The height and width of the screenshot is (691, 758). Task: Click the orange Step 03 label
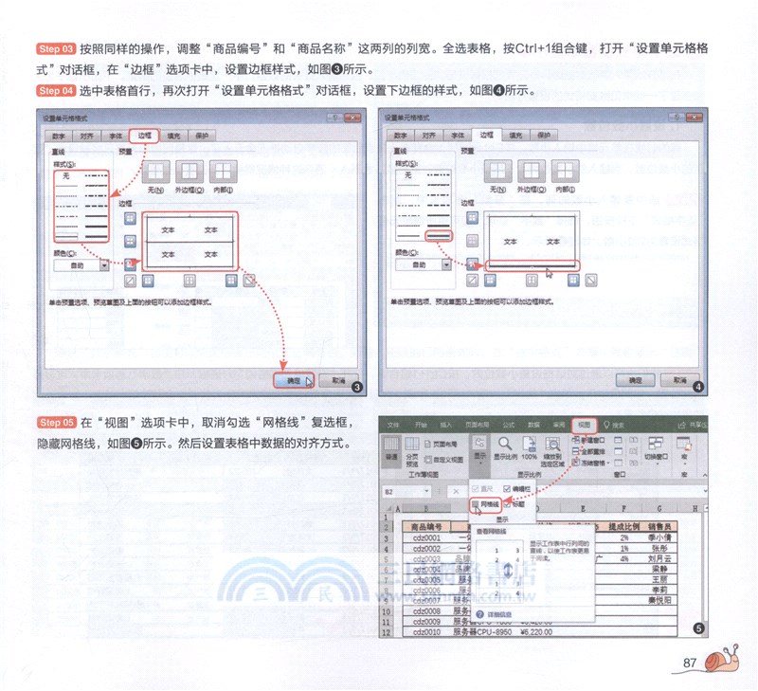pos(55,47)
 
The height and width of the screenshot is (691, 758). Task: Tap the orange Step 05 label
pos(55,421)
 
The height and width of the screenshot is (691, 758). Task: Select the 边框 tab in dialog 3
pos(145,136)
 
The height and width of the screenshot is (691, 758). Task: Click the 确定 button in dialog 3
pos(293,380)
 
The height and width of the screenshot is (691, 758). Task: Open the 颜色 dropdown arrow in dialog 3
pos(103,265)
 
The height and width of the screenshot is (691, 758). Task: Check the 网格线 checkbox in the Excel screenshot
pos(476,505)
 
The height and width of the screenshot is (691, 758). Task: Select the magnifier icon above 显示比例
pos(505,443)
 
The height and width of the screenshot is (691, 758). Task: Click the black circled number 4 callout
pos(697,387)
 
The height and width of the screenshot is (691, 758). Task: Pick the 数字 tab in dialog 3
pos(59,136)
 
